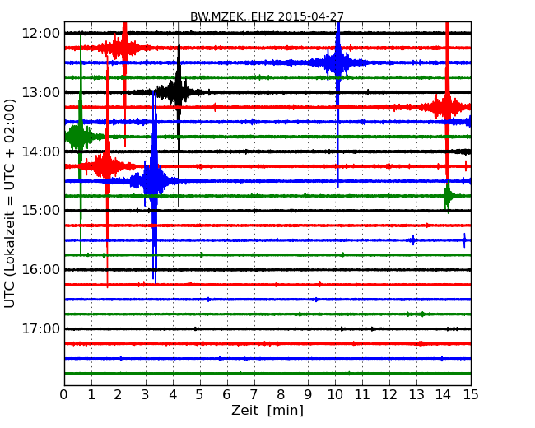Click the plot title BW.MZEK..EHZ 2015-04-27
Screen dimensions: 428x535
pos(268,16)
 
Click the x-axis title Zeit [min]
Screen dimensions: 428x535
pos(267,410)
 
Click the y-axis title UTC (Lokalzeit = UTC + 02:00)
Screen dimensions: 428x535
pos(11,202)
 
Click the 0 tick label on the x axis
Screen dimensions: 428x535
pos(64,394)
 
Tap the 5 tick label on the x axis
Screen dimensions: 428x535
pos(200,394)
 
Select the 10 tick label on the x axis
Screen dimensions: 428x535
pos(335,394)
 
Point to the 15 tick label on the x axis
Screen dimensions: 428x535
pos(471,394)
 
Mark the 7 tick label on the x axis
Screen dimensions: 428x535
pos(254,394)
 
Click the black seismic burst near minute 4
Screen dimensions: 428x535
pos(177,92)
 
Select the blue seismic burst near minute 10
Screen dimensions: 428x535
pos(337,63)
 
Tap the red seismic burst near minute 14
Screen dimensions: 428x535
pos(446,107)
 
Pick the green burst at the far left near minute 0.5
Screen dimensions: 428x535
pos(79,136)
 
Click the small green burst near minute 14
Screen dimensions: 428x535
pos(448,196)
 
